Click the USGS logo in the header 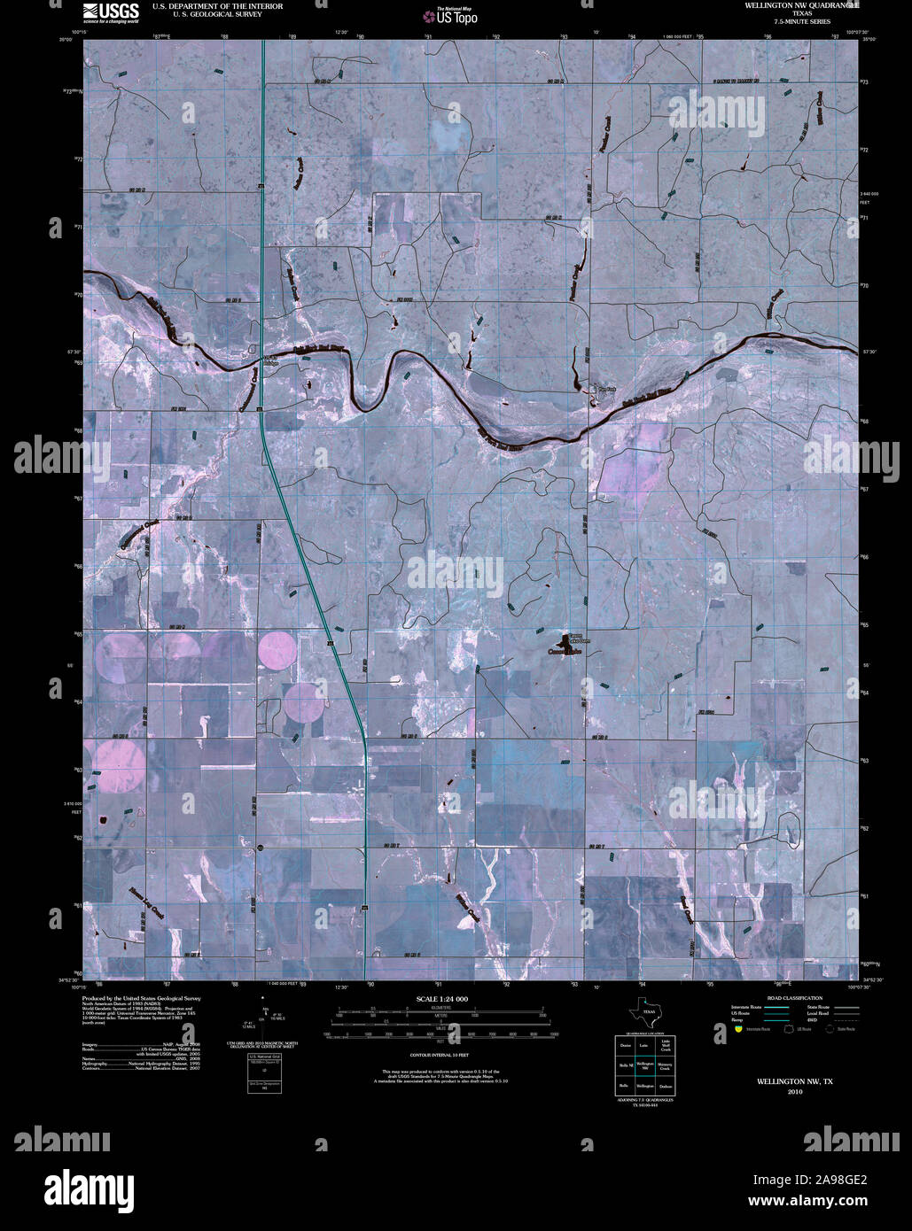pos(112,12)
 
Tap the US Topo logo pos(449,16)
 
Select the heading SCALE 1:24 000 pos(440,998)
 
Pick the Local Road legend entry pos(817,1014)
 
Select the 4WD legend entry pos(817,1021)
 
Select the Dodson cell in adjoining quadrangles pos(666,1086)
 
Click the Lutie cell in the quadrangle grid pos(645,1046)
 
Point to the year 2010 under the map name pos(793,1092)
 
